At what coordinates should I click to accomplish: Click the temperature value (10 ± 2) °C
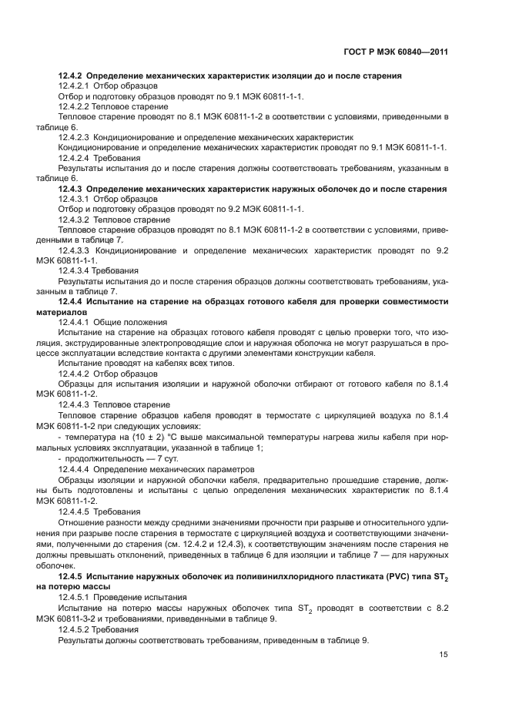pos(141,436)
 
